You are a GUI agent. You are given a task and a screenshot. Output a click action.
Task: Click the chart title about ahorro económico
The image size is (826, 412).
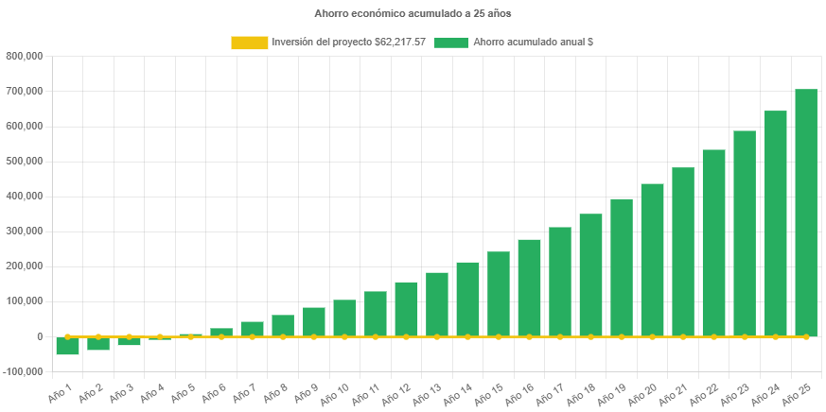[x=413, y=14]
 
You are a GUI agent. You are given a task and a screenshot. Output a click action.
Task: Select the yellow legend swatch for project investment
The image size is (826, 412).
[x=249, y=43]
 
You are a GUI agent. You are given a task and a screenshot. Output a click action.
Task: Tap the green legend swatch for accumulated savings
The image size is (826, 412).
[x=451, y=43]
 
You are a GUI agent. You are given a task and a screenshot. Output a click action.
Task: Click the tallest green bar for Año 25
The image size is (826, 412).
[x=806, y=213]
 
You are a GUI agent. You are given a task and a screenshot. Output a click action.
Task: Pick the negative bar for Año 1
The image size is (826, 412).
[x=67, y=346]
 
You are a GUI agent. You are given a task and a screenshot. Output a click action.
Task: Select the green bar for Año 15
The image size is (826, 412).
[x=499, y=293]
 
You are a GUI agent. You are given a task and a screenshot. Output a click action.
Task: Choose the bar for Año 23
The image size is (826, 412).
[x=745, y=232]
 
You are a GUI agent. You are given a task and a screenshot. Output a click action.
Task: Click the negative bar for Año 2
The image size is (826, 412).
[x=98, y=344]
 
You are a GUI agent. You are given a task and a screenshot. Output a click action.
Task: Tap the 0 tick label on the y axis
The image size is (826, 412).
[x=39, y=336]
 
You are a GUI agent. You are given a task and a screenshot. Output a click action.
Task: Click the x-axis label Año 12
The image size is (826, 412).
[x=399, y=392]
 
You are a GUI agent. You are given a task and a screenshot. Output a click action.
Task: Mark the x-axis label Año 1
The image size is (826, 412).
[x=60, y=390]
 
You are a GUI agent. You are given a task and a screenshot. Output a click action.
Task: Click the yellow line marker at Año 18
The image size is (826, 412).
[x=590, y=336]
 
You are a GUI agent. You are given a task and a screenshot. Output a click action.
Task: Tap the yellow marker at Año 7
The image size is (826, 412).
[x=252, y=336]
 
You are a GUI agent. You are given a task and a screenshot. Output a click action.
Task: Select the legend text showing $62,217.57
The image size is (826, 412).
[x=348, y=43]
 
